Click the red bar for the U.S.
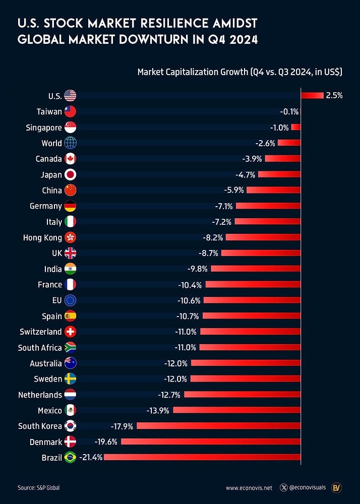[x=312, y=96]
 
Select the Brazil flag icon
[x=70, y=457]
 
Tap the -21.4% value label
[x=91, y=457]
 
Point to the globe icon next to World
[x=70, y=143]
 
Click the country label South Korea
[x=40, y=426]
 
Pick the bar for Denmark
[x=210, y=442]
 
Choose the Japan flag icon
[x=70, y=174]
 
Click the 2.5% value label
[x=334, y=96]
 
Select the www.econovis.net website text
[x=249, y=488]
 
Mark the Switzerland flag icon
[x=70, y=332]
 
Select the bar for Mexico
[x=236, y=410]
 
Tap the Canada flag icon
[x=70, y=159]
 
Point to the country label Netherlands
[x=40, y=395]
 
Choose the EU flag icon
[x=70, y=300]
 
